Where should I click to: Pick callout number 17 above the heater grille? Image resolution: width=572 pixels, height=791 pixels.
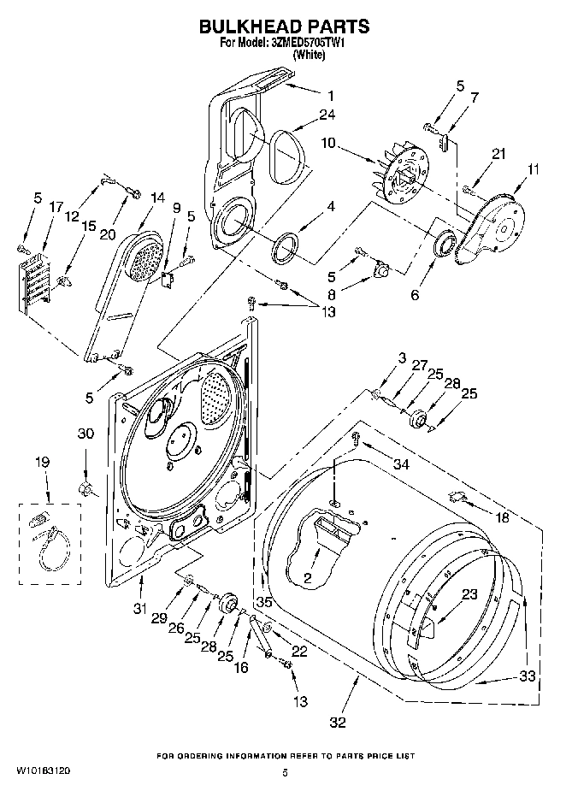click(x=56, y=206)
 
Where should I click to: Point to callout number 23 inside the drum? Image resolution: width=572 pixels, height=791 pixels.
click(x=469, y=594)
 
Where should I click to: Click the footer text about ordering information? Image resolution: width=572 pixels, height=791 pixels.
click(x=285, y=757)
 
